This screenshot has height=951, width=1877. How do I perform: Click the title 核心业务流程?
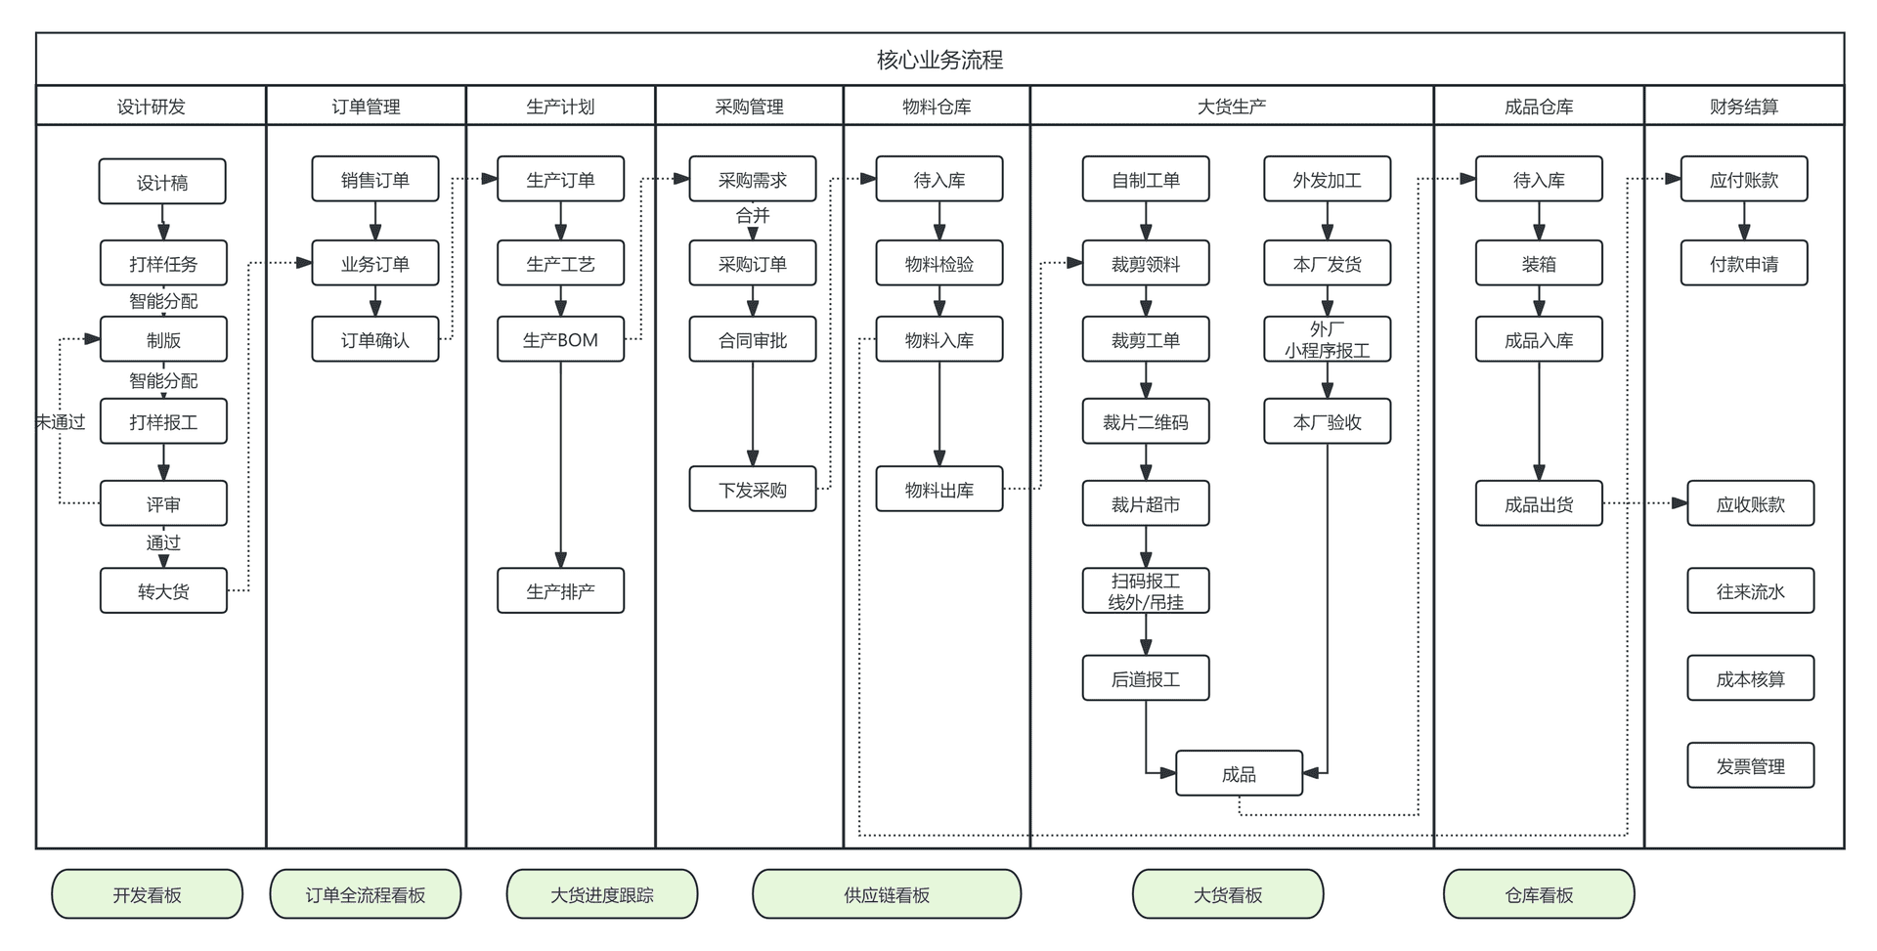coord(939,60)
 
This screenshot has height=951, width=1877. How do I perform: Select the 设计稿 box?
coord(162,182)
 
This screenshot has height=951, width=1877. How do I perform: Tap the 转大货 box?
coord(163,590)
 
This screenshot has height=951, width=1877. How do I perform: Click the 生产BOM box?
coord(560,339)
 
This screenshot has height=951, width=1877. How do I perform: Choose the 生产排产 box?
coord(560,590)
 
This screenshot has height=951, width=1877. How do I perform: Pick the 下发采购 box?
coord(752,489)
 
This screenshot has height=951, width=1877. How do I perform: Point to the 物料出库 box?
coord(938,489)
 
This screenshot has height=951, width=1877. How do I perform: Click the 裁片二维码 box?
coord(1145,421)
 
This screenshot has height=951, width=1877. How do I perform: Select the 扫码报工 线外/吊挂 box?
coord(1145,590)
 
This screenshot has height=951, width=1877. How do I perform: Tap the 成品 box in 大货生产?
coord(1239,773)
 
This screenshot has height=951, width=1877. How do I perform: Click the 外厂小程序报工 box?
coord(1327,339)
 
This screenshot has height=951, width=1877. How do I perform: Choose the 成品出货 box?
coord(1538,503)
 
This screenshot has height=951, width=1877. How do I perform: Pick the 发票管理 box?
coord(1750,765)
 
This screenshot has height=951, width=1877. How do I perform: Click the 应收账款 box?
coord(1750,503)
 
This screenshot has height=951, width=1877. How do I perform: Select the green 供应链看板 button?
coord(886,894)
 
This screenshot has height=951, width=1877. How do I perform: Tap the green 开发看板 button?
coord(147,894)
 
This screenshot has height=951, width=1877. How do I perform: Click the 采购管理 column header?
coord(749,107)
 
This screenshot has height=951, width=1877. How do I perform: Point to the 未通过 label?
coord(61,421)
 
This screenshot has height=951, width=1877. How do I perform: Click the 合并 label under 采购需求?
coord(752,215)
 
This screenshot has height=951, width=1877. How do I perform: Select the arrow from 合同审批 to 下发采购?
coord(753,411)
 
